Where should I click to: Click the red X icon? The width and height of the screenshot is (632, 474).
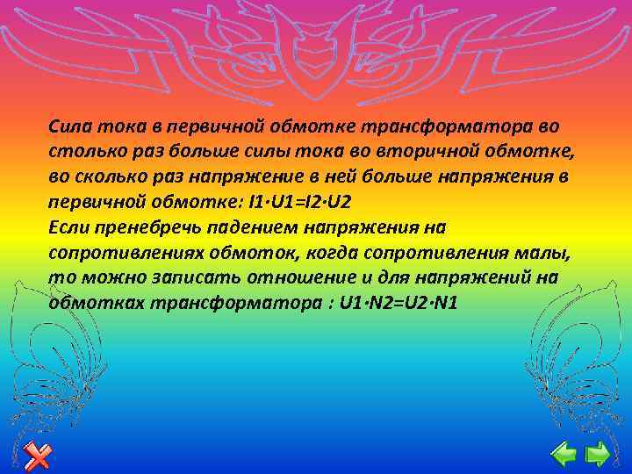tap(37, 454)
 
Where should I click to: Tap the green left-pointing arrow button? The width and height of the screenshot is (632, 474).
tap(563, 453)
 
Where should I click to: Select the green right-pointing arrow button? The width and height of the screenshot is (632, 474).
tap(598, 453)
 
